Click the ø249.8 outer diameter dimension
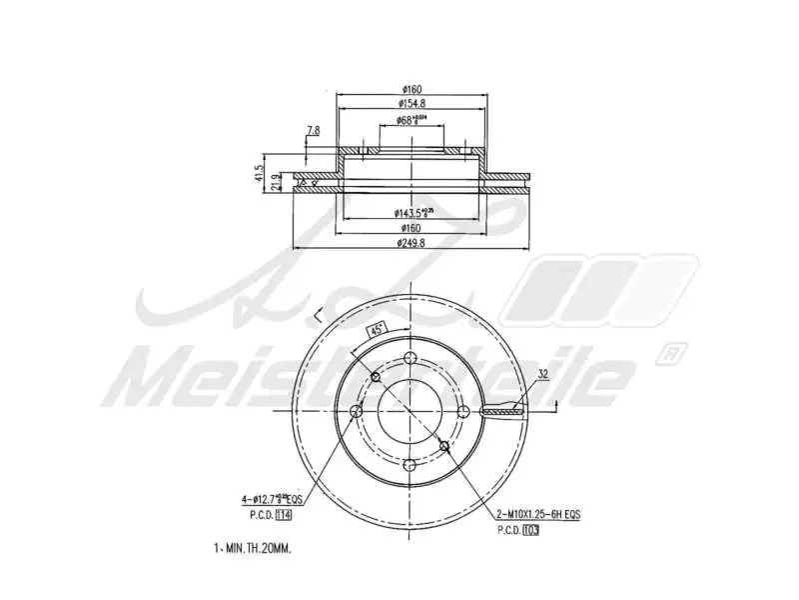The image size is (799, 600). tap(411, 242)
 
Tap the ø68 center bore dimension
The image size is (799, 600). tap(411, 120)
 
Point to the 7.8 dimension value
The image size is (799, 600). tap(313, 131)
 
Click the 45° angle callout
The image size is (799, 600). tap(377, 329)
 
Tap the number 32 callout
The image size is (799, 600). tap(543, 375)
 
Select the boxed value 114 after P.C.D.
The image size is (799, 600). tap(283, 515)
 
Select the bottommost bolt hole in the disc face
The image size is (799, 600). tap(408, 463)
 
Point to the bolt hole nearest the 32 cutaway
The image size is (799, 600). tap(460, 411)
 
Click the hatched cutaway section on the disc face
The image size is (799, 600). tap(502, 410)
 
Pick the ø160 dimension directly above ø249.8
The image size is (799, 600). tap(411, 228)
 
